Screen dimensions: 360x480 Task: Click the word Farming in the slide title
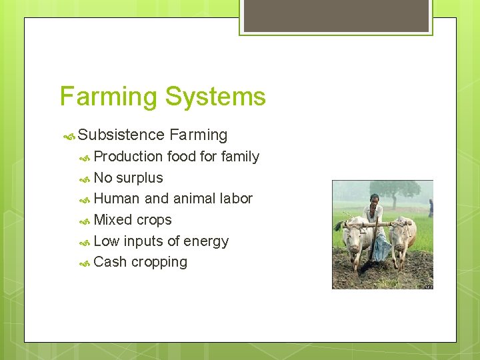point(109,97)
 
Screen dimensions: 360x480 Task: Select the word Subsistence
point(121,135)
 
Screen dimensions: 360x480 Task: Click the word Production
point(128,157)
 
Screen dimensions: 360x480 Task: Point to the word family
point(240,157)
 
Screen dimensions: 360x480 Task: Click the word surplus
point(139,178)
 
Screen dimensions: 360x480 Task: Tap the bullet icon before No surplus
point(85,179)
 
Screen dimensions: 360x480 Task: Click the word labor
point(235,199)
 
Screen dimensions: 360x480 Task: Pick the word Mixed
point(113,220)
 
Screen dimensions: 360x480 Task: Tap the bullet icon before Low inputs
point(85,242)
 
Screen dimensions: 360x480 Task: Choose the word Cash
point(110,262)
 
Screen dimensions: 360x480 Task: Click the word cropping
point(159,263)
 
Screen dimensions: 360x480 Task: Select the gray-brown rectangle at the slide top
point(336,15)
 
